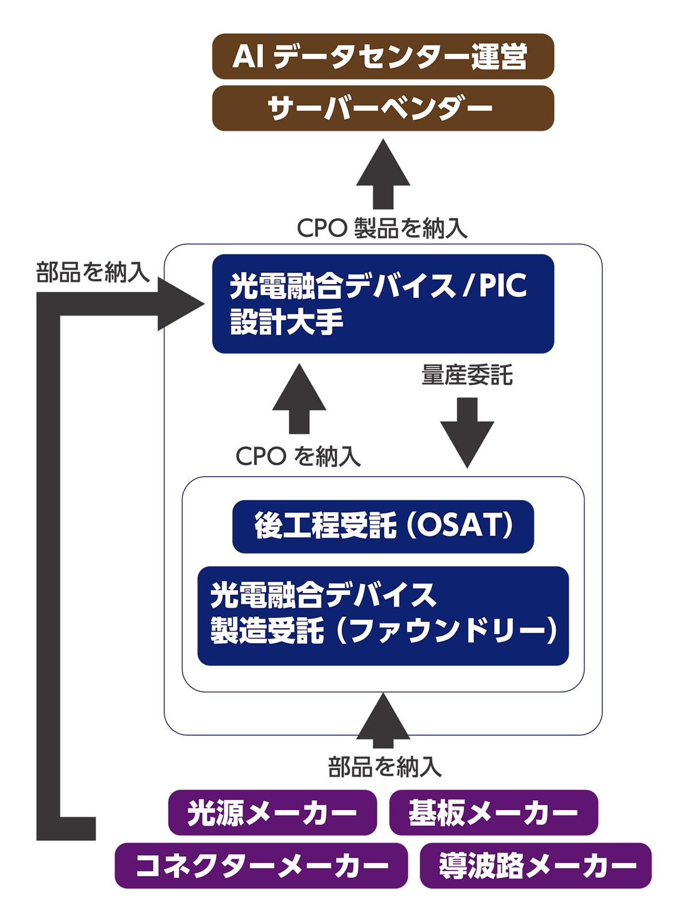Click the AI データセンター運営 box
pyautogui.click(x=383, y=56)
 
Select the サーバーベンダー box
pyautogui.click(x=383, y=108)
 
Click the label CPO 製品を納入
pyautogui.click(x=382, y=228)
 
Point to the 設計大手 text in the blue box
pyautogui.click(x=287, y=322)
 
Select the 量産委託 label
pyautogui.click(x=467, y=375)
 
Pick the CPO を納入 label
pyautogui.click(x=298, y=457)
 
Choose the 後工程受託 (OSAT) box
pyautogui.click(x=383, y=526)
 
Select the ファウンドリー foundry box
pyautogui.click(x=383, y=616)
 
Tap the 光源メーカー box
pyautogui.click(x=272, y=812)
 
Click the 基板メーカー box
pyautogui.click(x=493, y=812)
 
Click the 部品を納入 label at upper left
pyautogui.click(x=92, y=272)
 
